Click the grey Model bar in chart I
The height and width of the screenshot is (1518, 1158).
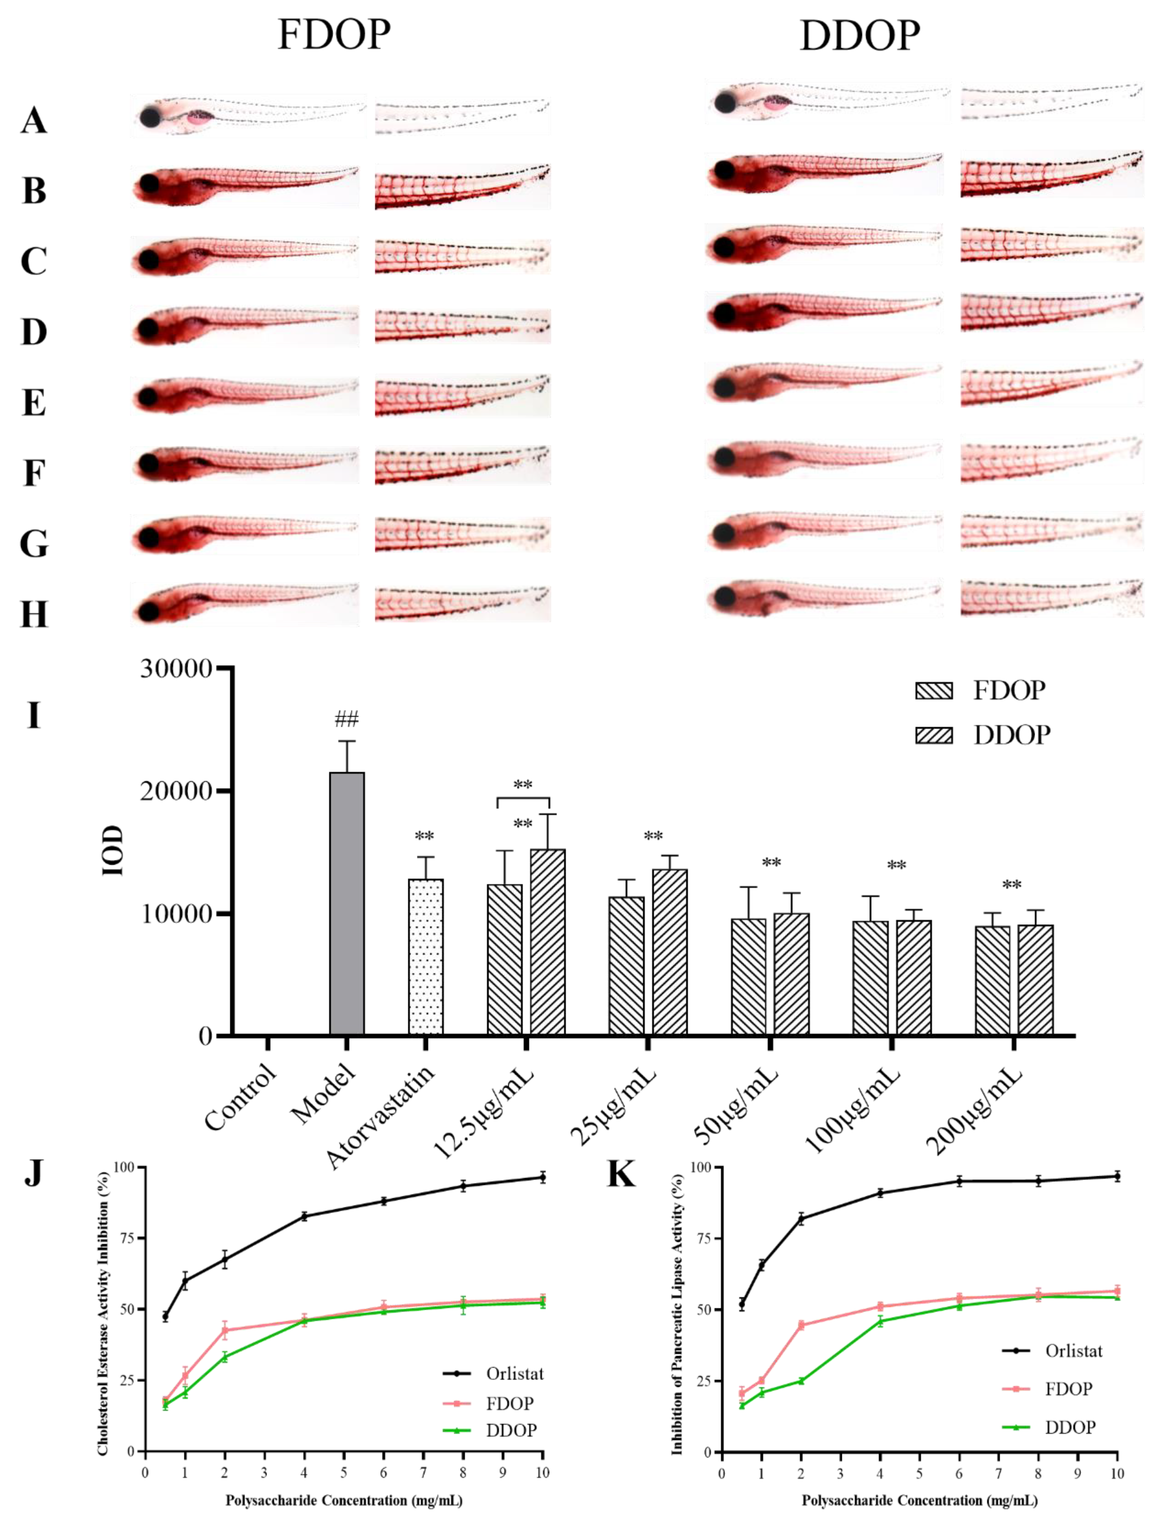coord(347,903)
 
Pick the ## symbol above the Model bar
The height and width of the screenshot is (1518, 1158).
coord(347,720)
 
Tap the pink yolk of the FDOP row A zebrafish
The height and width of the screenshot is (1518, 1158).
coord(200,118)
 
